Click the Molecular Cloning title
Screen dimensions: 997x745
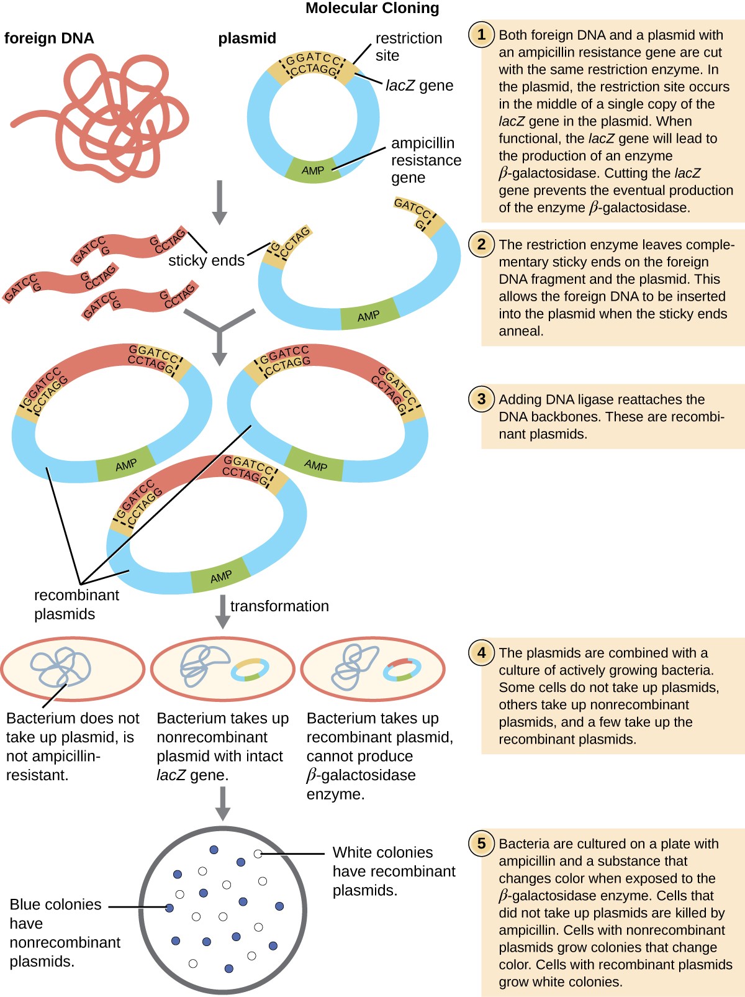pos(372,8)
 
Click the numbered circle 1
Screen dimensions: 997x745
pos(481,34)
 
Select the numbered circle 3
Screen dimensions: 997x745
pos(481,399)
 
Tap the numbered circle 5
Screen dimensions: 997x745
pos(481,844)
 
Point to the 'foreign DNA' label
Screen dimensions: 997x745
pos(49,39)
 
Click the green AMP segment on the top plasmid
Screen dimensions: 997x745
pos(312,170)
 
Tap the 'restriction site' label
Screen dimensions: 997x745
pos(408,47)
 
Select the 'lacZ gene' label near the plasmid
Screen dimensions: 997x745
pos(419,86)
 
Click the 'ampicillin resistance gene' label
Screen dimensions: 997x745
pos(425,160)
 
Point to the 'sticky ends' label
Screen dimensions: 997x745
pos(206,260)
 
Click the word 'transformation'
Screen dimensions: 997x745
pos(279,606)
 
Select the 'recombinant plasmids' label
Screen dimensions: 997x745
pos(76,604)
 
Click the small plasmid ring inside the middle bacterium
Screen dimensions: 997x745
pos(250,670)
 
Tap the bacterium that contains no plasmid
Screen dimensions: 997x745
pos(72,669)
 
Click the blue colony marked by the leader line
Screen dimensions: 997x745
pos(169,908)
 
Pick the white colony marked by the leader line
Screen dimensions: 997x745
pos(258,854)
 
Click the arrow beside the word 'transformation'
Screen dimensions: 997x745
pos(222,611)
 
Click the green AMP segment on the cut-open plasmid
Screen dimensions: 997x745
pos(369,316)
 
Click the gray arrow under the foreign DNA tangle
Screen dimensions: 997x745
pos(219,202)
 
